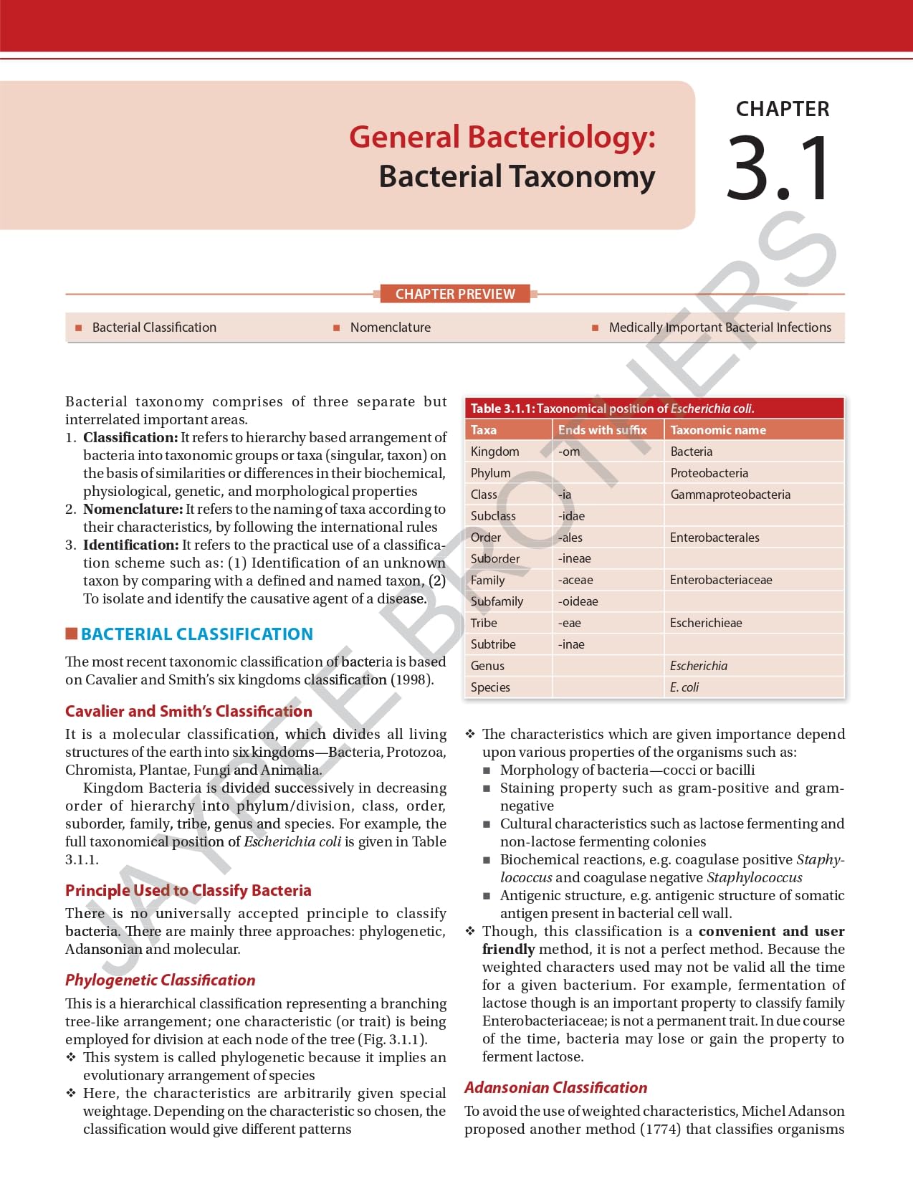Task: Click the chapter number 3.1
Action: pyautogui.click(x=779, y=169)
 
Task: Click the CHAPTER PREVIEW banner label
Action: pyautogui.click(x=455, y=294)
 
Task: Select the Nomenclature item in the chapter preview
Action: pyautogui.click(x=390, y=328)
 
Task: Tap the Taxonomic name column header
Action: pyautogui.click(x=718, y=430)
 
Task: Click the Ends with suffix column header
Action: pyautogui.click(x=602, y=430)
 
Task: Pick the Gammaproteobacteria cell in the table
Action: pyautogui.click(x=730, y=495)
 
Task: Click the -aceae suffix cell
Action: pyautogui.click(x=575, y=580)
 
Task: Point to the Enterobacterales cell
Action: pyautogui.click(x=714, y=538)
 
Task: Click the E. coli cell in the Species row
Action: pyautogui.click(x=684, y=687)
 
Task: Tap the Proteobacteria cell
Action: pyautogui.click(x=709, y=473)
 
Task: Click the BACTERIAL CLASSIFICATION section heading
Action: pyautogui.click(x=197, y=634)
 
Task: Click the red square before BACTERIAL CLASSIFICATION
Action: pyautogui.click(x=72, y=634)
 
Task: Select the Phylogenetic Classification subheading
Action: pyautogui.click(x=160, y=980)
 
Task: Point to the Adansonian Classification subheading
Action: pyautogui.click(x=555, y=1087)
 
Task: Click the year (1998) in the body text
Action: pyautogui.click(x=412, y=679)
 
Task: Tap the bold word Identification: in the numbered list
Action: pyautogui.click(x=130, y=545)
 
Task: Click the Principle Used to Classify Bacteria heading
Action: pyautogui.click(x=188, y=890)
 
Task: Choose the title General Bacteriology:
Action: pyautogui.click(x=502, y=137)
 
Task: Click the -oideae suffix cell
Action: pyautogui.click(x=578, y=601)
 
